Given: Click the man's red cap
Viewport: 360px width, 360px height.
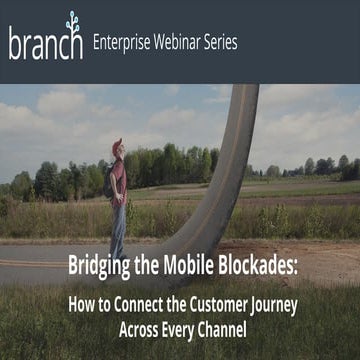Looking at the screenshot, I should pyautogui.click(x=117, y=144).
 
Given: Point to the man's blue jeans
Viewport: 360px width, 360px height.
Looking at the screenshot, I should pyautogui.click(x=118, y=225).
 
